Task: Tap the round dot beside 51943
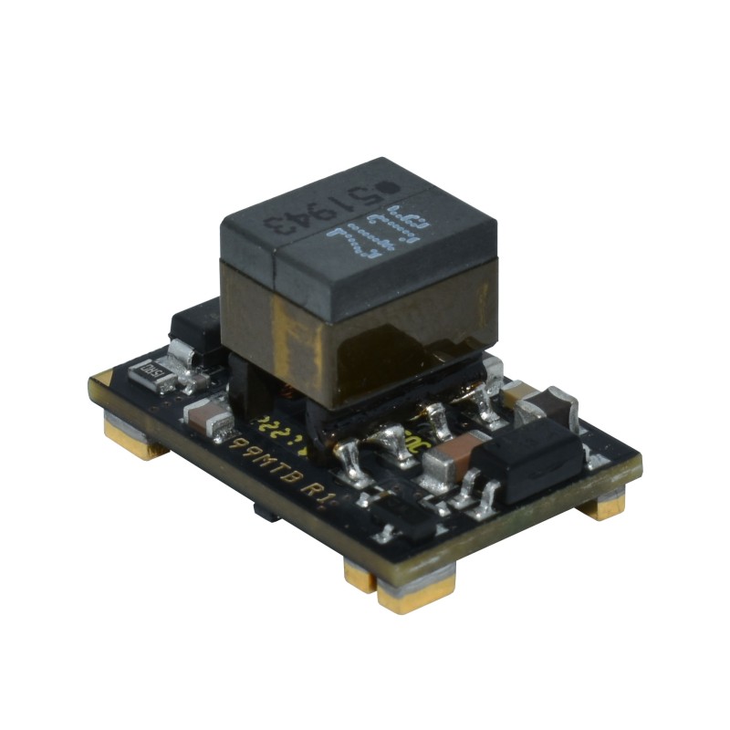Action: coord(387,187)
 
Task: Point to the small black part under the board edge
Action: coord(266,514)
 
